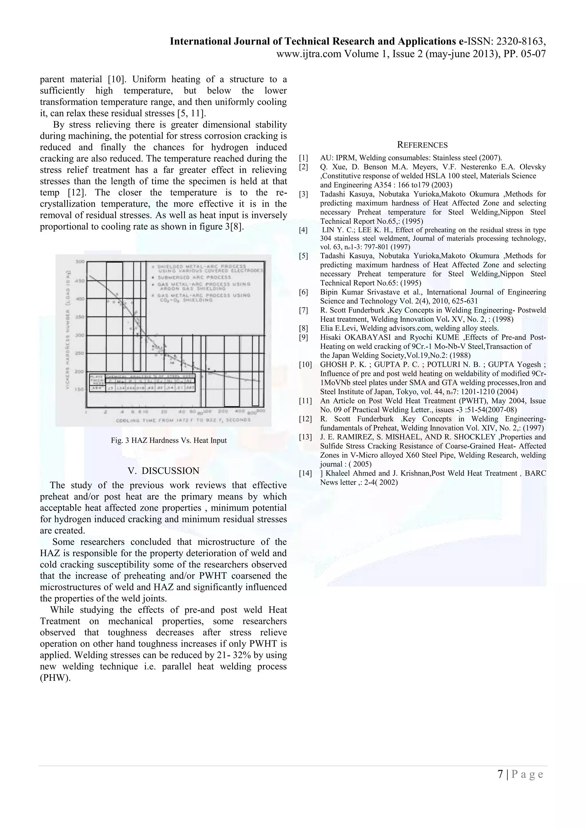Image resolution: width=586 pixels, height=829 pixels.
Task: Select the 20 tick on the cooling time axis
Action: pyautogui.click(x=164, y=412)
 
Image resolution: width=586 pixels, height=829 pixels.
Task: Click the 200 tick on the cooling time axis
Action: pyautogui.click(x=223, y=412)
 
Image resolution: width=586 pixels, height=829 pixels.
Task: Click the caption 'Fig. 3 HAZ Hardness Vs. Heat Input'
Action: pyautogui.click(x=169, y=441)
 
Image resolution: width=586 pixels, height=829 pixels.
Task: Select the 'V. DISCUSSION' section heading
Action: pyautogui.click(x=163, y=471)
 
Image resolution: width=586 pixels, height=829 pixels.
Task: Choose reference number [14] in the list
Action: pyautogui.click(x=305, y=473)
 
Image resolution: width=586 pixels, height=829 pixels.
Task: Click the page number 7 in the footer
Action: pyautogui.click(x=500, y=775)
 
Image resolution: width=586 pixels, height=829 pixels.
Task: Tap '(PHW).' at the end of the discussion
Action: pyautogui.click(x=55, y=678)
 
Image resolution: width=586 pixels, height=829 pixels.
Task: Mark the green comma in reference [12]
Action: pyautogui.click(x=402, y=420)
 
